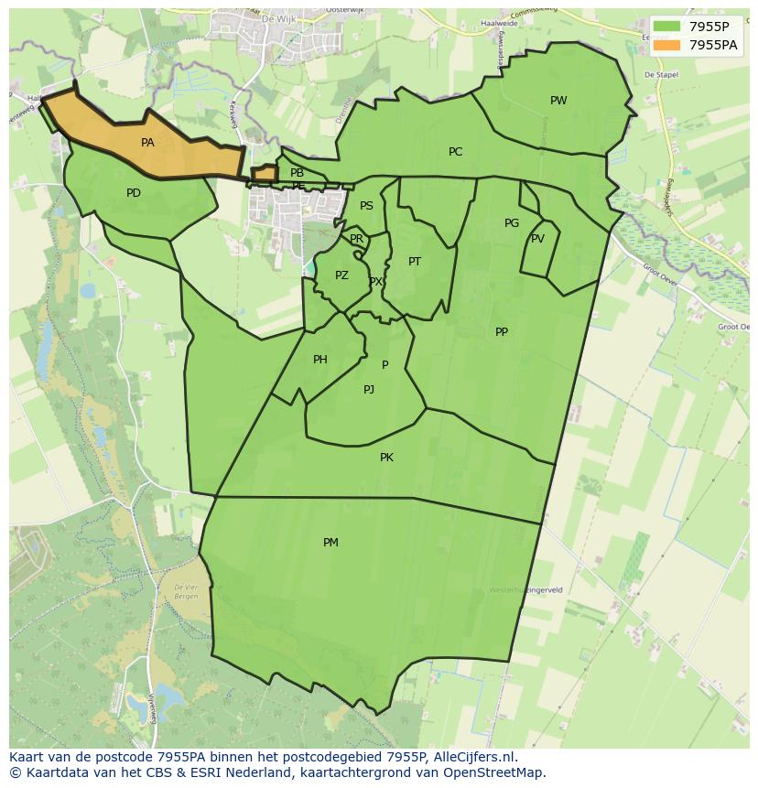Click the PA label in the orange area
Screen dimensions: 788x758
(147, 143)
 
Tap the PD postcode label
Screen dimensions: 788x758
(134, 193)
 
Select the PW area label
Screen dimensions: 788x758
(558, 101)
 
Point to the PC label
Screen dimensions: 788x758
(455, 152)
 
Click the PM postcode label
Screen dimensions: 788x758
(330, 543)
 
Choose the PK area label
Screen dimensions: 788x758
(386, 458)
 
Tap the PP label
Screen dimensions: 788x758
(502, 332)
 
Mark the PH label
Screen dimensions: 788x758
(319, 360)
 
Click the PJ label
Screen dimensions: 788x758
(369, 390)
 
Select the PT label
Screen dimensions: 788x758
(415, 262)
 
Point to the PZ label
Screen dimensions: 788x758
(341, 275)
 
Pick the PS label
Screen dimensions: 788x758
(366, 206)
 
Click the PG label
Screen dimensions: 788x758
(512, 223)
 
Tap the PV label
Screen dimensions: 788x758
(537, 239)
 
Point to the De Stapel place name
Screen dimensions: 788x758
(661, 75)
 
